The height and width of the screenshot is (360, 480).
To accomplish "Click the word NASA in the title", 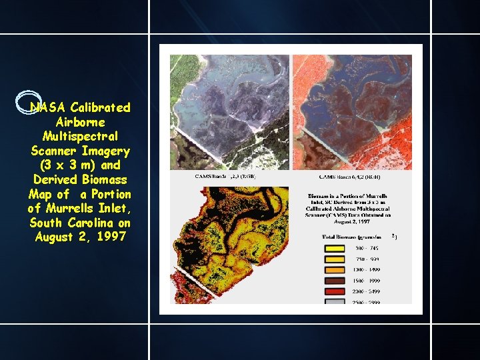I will [48, 107].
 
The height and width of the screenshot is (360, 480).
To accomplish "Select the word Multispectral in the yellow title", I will [79, 136].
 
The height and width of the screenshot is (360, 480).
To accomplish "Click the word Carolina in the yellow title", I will [89, 223].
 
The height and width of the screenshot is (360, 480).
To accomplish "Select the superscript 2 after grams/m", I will [394, 235].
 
